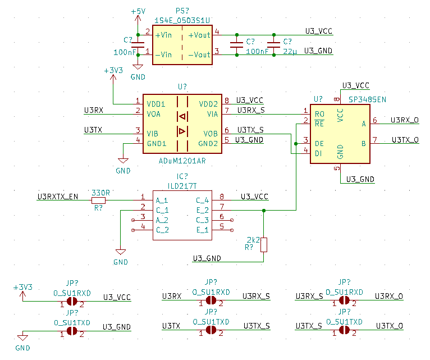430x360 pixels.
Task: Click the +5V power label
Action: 138,11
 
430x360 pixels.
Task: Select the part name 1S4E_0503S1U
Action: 182,20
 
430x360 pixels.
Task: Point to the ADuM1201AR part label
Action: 182,161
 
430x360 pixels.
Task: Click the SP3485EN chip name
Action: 367,99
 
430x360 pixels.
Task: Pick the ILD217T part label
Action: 182,185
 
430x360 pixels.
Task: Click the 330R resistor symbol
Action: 99,200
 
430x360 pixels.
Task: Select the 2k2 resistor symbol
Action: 264,245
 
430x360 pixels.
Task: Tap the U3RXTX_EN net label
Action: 58,197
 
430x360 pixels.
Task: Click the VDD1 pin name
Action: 156,104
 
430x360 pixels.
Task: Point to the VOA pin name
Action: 154,113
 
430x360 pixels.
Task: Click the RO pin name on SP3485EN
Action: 319,113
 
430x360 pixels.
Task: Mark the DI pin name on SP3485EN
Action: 318,153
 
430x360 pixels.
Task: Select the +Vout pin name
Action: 199,35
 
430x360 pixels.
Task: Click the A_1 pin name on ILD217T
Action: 162,200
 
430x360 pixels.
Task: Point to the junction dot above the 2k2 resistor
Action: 264,210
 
